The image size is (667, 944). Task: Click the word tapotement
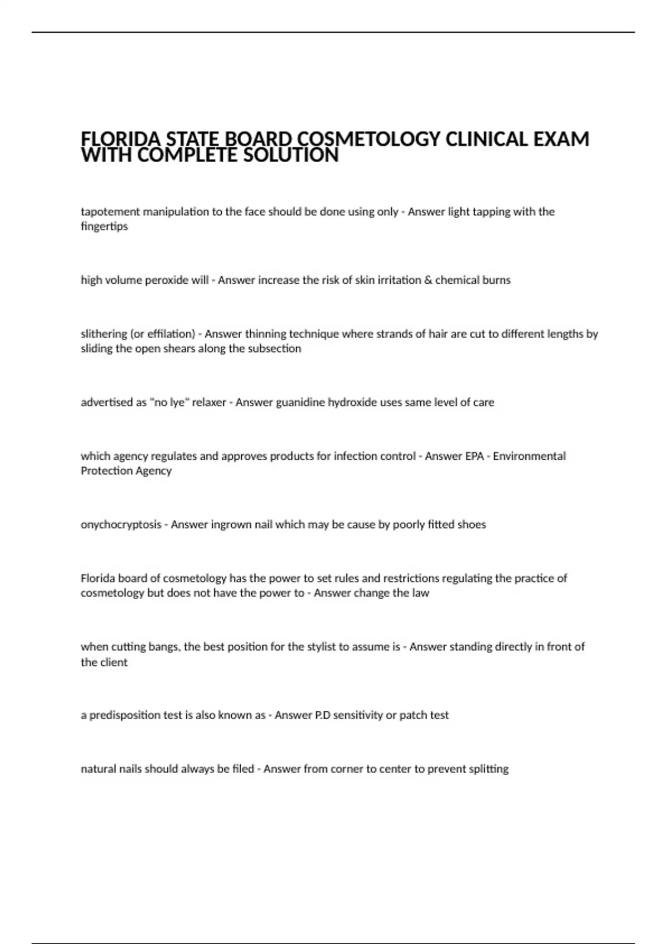pos(110,212)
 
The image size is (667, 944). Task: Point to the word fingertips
pos(104,227)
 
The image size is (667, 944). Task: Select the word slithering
pos(104,334)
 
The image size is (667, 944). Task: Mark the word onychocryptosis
pos(121,525)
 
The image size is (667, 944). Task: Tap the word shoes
pos(471,525)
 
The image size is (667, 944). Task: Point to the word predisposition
pos(125,715)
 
